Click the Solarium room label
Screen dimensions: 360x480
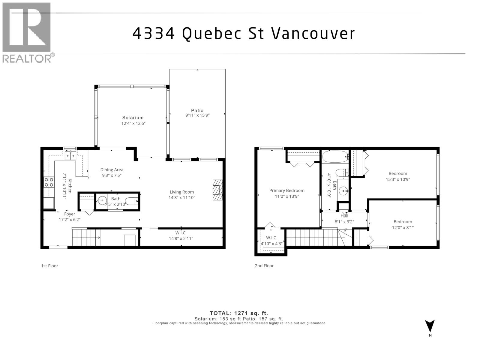point(133,118)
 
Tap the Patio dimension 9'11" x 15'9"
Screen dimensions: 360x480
point(197,115)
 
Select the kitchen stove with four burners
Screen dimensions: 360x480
point(49,182)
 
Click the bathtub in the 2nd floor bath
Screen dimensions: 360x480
point(335,157)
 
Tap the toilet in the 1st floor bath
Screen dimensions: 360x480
point(132,201)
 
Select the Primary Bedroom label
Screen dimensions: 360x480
point(287,190)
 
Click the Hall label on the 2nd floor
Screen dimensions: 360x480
point(344,216)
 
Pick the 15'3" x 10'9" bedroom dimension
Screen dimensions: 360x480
point(398,179)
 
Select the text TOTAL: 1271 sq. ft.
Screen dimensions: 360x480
point(239,313)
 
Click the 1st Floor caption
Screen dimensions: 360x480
point(49,266)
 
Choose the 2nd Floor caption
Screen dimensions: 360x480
point(264,266)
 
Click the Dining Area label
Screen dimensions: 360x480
point(112,170)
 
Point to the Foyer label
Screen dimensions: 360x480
point(70,214)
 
